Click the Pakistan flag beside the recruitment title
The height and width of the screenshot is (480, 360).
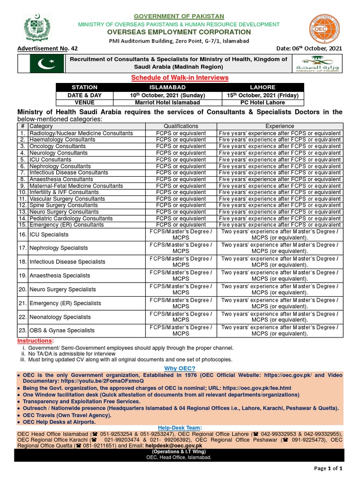(x=42, y=63)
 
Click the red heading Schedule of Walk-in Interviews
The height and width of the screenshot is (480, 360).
(x=180, y=77)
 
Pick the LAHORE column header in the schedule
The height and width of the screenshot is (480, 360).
(x=262, y=87)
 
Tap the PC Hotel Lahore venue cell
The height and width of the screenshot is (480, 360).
(x=262, y=102)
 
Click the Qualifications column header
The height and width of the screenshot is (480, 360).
(x=180, y=126)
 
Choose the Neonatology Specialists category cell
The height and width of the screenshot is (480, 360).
(x=60, y=317)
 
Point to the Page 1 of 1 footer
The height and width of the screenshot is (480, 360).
(x=328, y=468)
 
